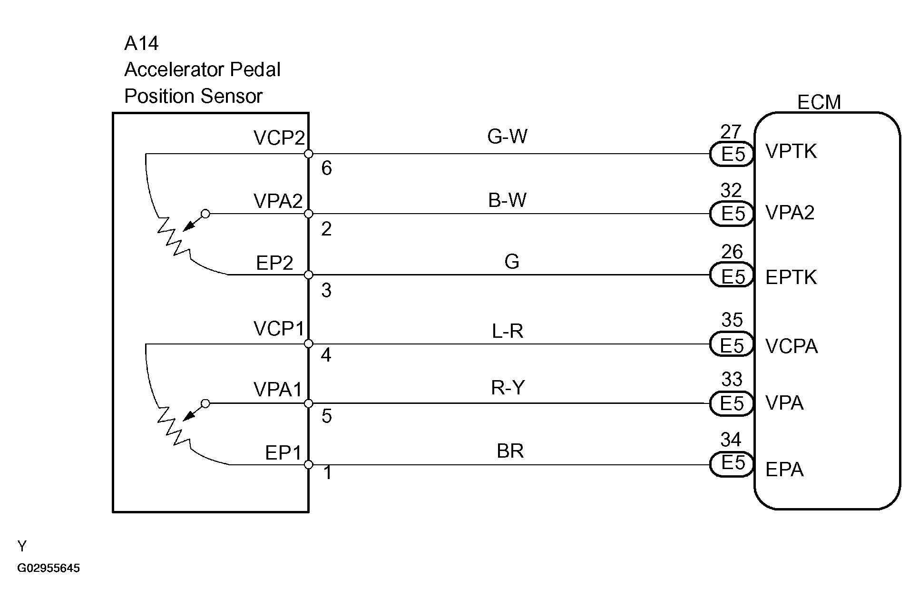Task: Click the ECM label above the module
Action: click(x=819, y=102)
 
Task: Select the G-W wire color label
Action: click(x=507, y=137)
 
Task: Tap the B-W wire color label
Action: click(x=507, y=200)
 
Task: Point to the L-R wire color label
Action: click(x=507, y=331)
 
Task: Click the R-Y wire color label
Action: click(x=508, y=388)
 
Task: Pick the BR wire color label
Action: click(x=510, y=451)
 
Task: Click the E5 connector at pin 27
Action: click(x=732, y=154)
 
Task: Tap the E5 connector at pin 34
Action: click(x=732, y=463)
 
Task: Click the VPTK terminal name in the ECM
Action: click(x=791, y=152)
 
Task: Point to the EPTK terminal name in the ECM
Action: click(x=791, y=277)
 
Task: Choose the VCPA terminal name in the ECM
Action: click(x=792, y=346)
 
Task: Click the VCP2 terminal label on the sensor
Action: click(x=279, y=138)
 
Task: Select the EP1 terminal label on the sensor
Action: click(x=283, y=453)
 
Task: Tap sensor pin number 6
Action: click(x=326, y=168)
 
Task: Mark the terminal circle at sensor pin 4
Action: click(x=308, y=343)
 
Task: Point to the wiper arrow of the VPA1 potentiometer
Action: click(x=190, y=415)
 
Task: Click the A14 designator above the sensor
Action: click(x=141, y=44)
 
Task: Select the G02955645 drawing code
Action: click(x=49, y=569)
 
